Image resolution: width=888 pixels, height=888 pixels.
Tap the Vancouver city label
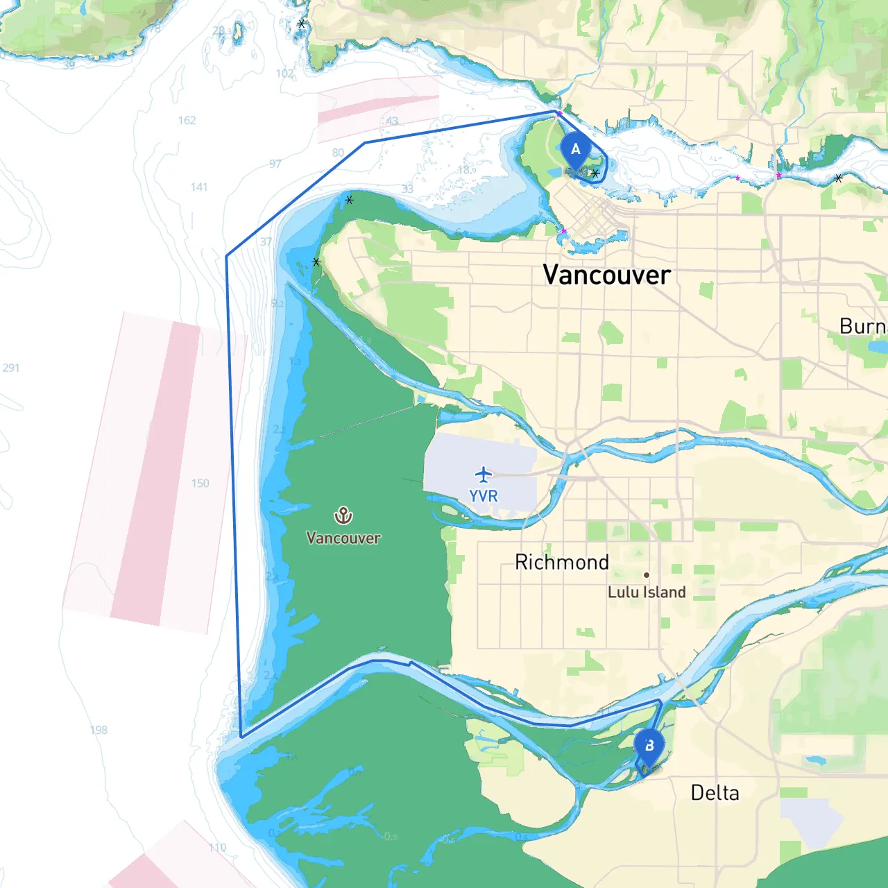tap(606, 275)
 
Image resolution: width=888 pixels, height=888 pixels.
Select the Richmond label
tap(562, 562)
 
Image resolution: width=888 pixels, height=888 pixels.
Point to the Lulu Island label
tap(647, 592)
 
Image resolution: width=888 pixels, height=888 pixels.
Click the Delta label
tap(715, 793)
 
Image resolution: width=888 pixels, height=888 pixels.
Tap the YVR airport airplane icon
tap(484, 475)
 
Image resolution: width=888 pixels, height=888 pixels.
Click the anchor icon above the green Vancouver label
tap(343, 515)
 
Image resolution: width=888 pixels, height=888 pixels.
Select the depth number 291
tap(11, 368)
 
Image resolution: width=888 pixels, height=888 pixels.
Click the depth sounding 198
tap(99, 730)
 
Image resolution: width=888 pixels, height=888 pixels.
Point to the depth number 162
tap(187, 120)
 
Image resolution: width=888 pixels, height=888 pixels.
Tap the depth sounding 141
tap(199, 187)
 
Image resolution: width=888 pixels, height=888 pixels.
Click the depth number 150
tap(200, 483)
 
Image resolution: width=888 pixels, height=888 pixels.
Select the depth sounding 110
tap(217, 847)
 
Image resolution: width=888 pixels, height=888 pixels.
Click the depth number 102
tap(284, 74)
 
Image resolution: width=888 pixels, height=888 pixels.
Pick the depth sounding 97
tap(275, 164)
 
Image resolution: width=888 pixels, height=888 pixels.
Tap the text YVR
tap(484, 496)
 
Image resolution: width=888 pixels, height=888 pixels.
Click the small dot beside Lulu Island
tap(647, 575)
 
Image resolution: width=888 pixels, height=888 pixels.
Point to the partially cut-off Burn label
tap(863, 326)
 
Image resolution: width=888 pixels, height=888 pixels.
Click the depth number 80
tap(338, 153)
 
